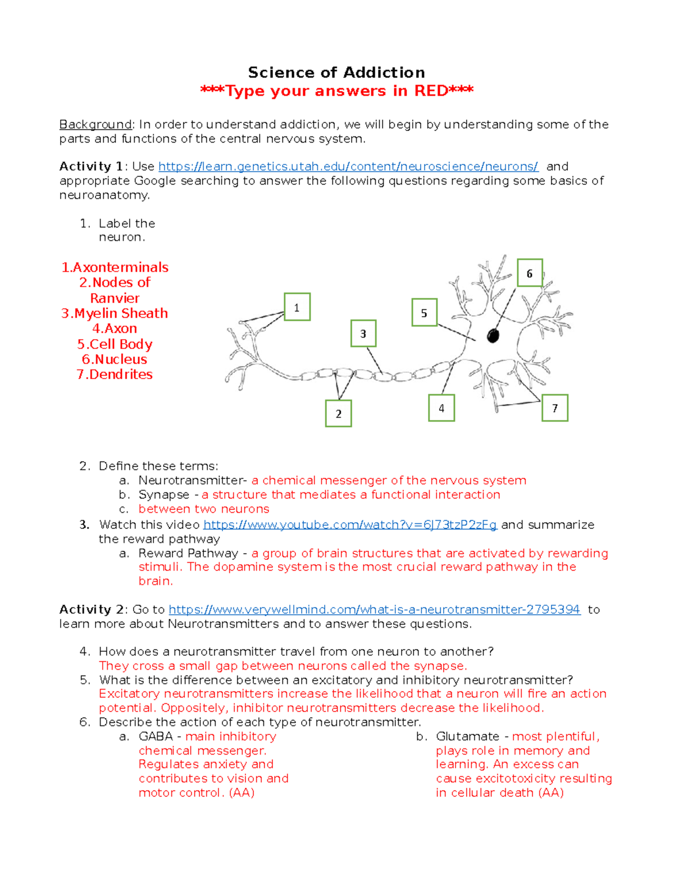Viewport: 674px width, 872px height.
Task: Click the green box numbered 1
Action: click(x=297, y=307)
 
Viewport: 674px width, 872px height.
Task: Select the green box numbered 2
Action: click(x=338, y=413)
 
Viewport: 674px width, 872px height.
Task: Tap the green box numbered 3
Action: click(x=363, y=334)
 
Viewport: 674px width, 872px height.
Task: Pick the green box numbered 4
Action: click(x=441, y=408)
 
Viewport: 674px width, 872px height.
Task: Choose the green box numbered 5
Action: click(x=424, y=313)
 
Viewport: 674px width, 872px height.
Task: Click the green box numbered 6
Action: click(x=529, y=273)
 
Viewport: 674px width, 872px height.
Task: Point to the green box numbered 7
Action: click(x=554, y=408)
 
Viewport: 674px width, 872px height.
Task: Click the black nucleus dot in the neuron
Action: click(x=493, y=336)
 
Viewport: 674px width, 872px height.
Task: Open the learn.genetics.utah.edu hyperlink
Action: click(x=348, y=166)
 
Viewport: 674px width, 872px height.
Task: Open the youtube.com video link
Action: click(x=350, y=524)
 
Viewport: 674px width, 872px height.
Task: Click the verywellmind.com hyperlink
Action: click(x=374, y=609)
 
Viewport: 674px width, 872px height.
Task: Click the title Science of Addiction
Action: click(x=336, y=72)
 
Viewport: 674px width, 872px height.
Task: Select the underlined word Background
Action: click(x=95, y=124)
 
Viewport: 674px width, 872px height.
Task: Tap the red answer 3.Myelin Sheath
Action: click(x=115, y=313)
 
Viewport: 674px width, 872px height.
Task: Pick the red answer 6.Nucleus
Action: click(x=115, y=359)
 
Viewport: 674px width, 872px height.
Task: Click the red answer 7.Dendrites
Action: click(x=115, y=375)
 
